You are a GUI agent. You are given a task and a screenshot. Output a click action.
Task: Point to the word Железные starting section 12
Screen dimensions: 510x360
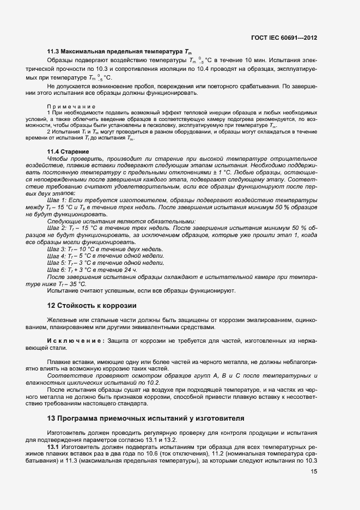[63, 320]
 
